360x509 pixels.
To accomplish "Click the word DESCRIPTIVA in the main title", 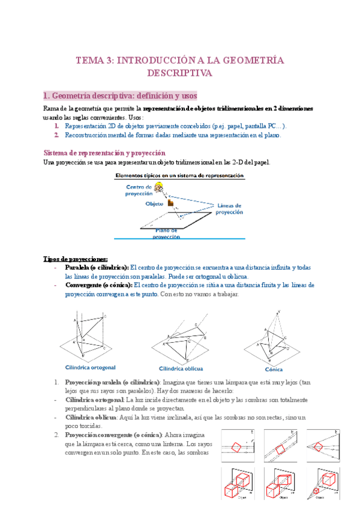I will [179, 73].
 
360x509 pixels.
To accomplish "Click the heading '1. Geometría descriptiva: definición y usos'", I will [120, 96].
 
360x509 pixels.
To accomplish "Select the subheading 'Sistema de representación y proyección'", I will [105, 152].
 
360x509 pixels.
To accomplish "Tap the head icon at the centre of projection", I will [159, 188].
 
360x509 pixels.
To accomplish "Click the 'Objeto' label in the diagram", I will [154, 204].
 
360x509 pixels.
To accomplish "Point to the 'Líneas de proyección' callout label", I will [230, 208].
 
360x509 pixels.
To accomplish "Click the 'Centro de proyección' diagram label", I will [139, 190].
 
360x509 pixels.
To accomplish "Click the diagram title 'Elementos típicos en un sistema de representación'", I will [179, 176].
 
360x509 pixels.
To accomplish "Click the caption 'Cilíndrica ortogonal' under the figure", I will [90, 367].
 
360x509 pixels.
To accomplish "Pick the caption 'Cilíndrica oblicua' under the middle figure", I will [181, 369].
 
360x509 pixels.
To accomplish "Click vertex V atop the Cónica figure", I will [278, 312].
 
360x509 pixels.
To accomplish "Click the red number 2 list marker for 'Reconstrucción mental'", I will [56, 135].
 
